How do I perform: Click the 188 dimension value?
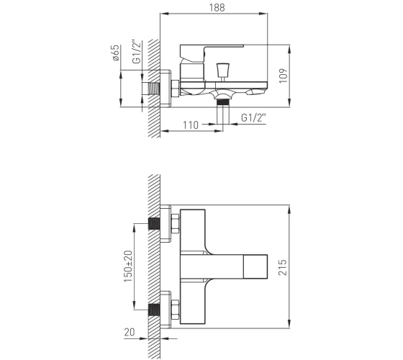(x=217, y=7)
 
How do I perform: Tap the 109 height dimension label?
(x=284, y=76)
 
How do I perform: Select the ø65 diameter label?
(x=116, y=53)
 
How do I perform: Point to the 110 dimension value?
(x=191, y=125)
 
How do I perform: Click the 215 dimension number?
(x=282, y=267)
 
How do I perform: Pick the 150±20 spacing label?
(x=128, y=266)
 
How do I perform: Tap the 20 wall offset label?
(x=130, y=332)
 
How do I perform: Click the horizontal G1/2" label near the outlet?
(x=253, y=117)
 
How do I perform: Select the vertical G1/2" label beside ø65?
(x=137, y=51)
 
